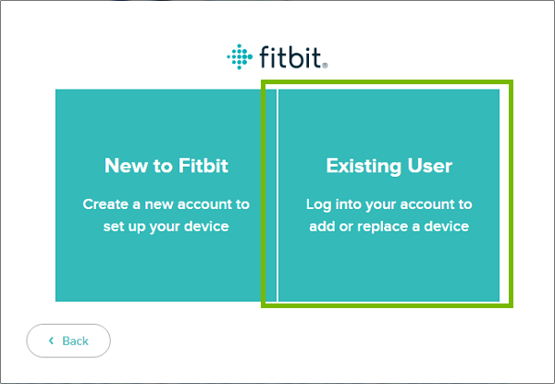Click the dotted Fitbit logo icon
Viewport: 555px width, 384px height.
click(238, 56)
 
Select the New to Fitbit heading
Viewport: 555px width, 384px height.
click(166, 167)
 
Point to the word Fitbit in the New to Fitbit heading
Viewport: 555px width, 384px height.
click(202, 167)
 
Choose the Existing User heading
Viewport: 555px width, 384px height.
click(388, 167)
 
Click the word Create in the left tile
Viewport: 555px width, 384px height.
click(106, 204)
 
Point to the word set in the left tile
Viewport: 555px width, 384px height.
click(114, 226)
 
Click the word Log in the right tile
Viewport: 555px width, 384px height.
click(318, 204)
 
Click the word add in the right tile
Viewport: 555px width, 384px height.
click(321, 226)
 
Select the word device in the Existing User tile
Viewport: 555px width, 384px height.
click(447, 226)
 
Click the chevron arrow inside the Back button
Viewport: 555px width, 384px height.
click(52, 341)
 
